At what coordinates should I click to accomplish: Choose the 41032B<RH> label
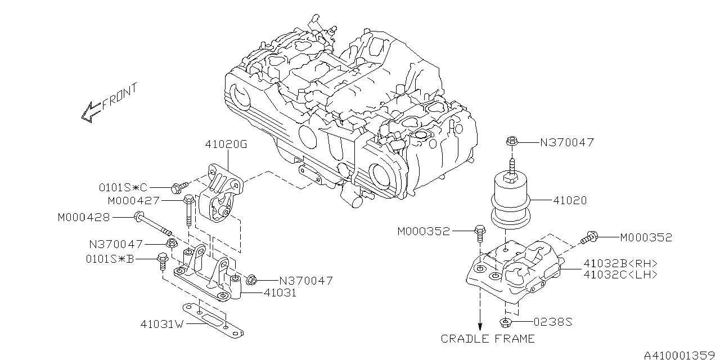(620, 263)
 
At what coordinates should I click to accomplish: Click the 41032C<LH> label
(620, 274)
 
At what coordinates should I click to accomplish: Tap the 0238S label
(552, 322)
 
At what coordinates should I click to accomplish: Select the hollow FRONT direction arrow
(90, 112)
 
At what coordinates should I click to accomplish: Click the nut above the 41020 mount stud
(512, 142)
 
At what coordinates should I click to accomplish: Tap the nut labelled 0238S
(506, 322)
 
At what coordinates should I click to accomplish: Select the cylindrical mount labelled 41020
(511, 202)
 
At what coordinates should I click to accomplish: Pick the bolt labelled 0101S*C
(181, 186)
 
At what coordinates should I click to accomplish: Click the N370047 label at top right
(566, 143)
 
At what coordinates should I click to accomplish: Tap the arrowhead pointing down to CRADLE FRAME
(480, 327)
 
